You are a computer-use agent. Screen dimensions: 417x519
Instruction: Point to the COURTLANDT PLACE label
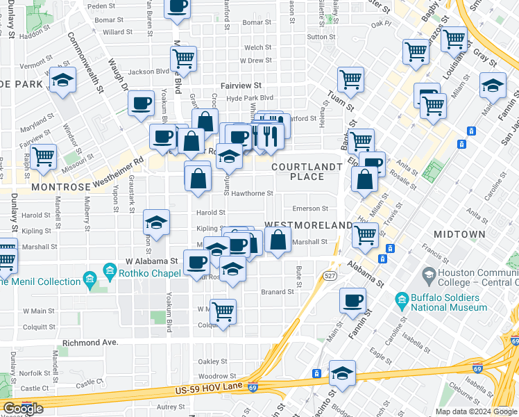[307, 172]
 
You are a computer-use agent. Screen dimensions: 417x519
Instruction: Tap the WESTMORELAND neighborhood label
[309, 226]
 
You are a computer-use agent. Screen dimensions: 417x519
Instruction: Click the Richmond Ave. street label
[90, 343]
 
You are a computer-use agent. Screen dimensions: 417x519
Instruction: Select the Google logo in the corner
[23, 409]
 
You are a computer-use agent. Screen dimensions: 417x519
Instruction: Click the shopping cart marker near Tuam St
[351, 80]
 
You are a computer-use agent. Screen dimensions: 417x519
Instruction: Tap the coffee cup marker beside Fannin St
[352, 300]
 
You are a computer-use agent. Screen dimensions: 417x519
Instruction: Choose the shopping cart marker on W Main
[223, 311]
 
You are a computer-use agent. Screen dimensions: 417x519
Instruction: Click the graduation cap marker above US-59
[342, 373]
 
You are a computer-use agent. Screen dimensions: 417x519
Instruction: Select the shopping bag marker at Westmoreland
[278, 240]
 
